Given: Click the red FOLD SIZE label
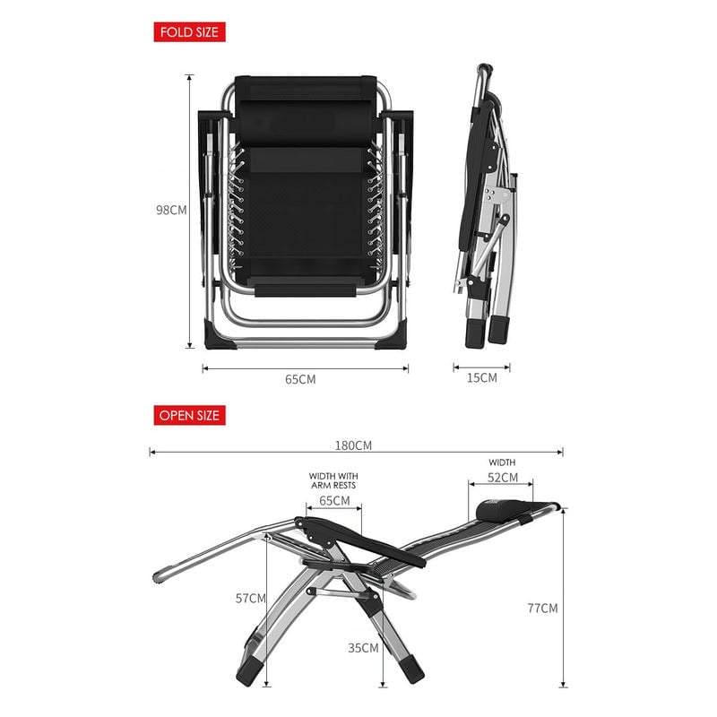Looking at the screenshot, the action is [x=189, y=32].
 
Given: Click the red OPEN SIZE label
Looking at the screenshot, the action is [x=189, y=415].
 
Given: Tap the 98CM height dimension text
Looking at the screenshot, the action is [x=171, y=210].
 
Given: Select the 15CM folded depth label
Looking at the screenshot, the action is [x=482, y=377].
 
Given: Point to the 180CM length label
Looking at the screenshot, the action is [x=353, y=445].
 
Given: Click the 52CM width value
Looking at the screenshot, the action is [x=503, y=478].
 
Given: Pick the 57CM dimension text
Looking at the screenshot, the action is [x=251, y=598].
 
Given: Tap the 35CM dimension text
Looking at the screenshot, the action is [x=363, y=648].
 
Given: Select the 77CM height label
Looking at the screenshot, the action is [x=543, y=609].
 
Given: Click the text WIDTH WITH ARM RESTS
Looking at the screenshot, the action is [x=333, y=480].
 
